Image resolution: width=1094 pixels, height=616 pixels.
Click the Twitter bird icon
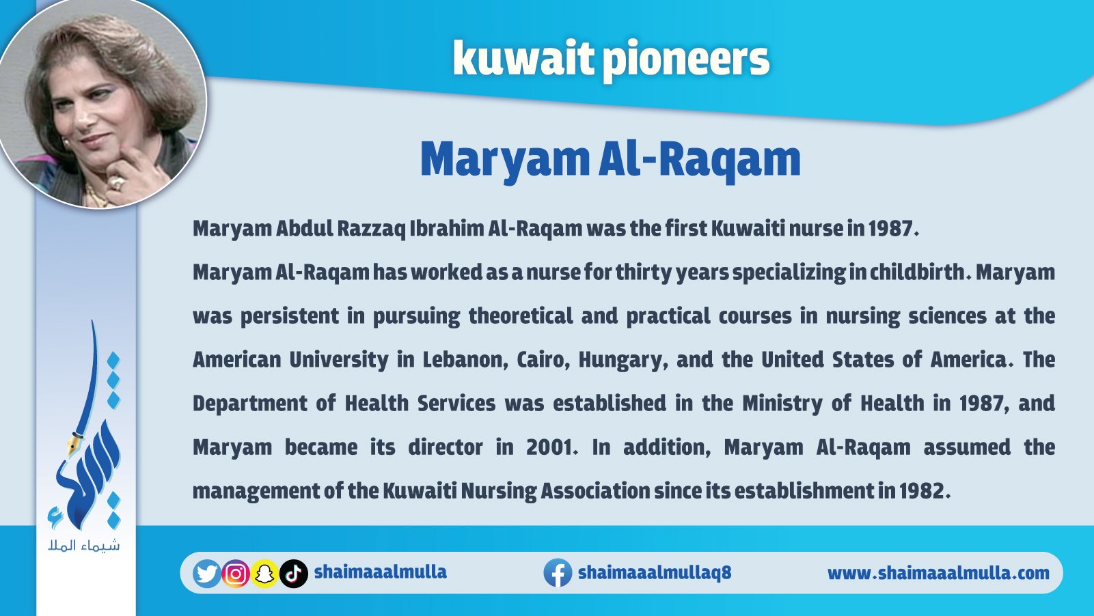[206, 573]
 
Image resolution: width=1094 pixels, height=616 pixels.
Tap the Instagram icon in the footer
[236, 574]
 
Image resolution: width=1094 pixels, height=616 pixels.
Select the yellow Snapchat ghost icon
[264, 574]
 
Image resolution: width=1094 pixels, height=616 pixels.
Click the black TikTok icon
[294, 574]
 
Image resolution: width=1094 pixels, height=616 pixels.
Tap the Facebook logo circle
[558, 573]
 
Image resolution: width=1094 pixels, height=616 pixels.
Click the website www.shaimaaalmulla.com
[938, 573]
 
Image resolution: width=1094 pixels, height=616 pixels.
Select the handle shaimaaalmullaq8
[655, 572]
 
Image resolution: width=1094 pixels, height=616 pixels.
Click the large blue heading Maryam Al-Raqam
[610, 160]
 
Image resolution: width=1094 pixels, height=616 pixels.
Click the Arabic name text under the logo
[83, 545]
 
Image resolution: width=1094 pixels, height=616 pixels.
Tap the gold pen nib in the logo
[73, 444]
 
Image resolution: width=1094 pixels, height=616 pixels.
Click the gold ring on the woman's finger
[118, 183]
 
